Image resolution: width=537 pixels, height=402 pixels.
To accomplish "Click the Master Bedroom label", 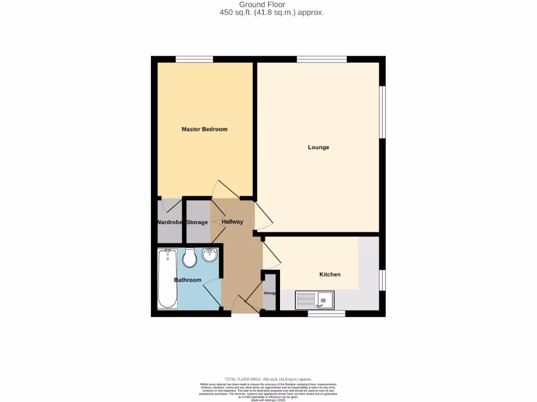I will click(x=205, y=129).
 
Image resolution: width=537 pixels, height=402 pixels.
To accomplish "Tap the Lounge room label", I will click(x=318, y=147).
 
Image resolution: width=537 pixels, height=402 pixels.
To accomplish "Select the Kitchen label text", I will click(x=330, y=274).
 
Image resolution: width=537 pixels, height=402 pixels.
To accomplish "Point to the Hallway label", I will click(x=232, y=222).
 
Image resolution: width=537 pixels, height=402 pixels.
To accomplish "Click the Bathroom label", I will click(x=188, y=280).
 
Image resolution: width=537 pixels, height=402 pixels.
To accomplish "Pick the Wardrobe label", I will click(x=169, y=222).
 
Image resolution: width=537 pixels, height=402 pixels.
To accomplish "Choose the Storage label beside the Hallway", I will click(x=197, y=222).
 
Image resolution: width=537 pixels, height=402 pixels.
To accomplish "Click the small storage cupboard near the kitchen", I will click(x=270, y=293).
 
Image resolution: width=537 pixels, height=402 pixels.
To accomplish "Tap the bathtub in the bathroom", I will click(x=168, y=278).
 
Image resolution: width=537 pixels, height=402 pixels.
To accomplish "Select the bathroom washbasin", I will click(x=210, y=255).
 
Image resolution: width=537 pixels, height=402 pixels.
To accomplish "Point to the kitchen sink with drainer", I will click(x=315, y=300).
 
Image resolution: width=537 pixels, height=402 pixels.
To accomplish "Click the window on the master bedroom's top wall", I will click(x=194, y=59).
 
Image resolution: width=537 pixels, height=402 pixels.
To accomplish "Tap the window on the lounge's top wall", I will click(x=321, y=59).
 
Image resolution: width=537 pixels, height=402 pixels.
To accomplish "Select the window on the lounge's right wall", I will click(x=382, y=112).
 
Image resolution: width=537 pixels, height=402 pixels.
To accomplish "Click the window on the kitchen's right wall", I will click(x=382, y=280).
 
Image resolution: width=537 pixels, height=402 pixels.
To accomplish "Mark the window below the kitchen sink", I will click(x=326, y=314).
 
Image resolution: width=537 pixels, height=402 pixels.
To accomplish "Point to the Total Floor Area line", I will click(x=268, y=379).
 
